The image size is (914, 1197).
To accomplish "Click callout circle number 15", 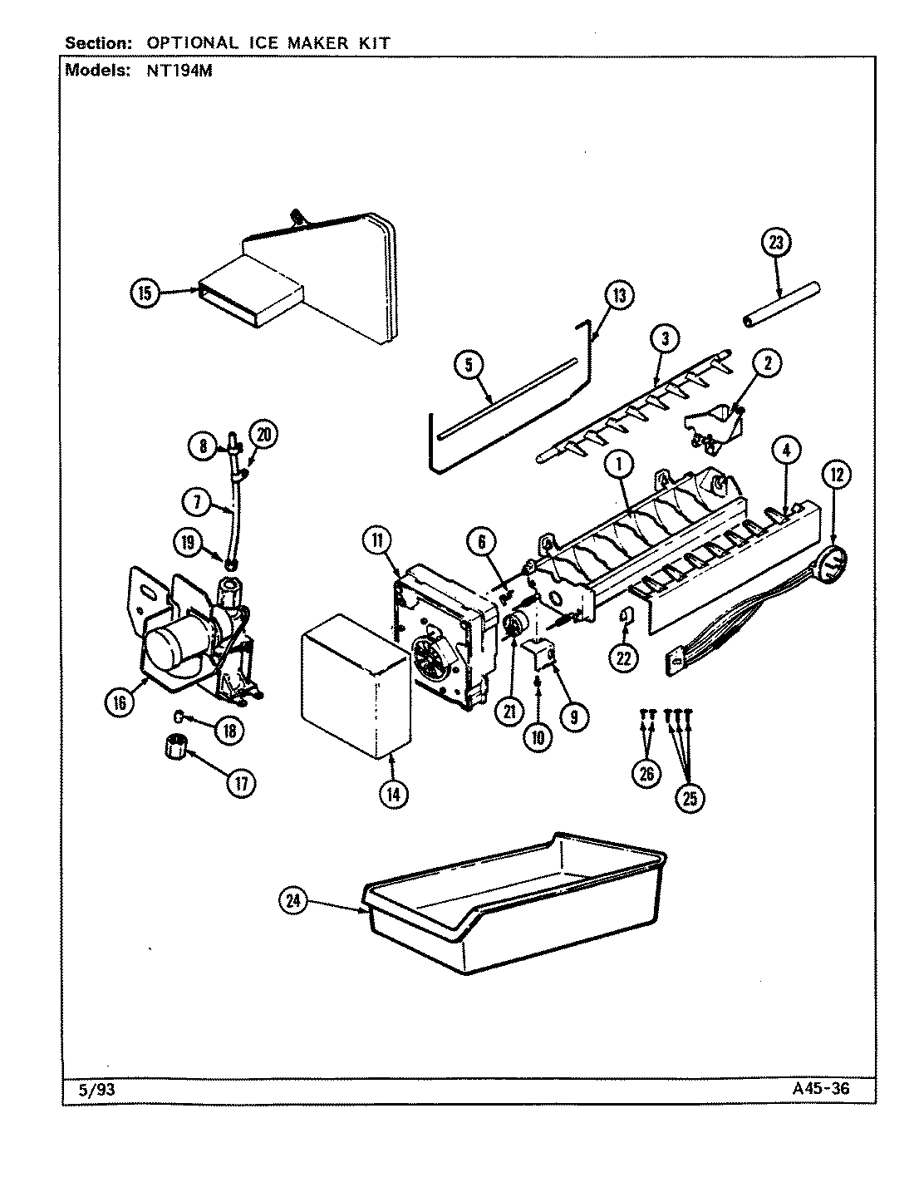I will pos(145,293).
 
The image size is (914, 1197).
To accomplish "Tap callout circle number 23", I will pos(776,244).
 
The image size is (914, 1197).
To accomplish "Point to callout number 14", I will pos(394,794).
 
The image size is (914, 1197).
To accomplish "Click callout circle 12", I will pos(837,475).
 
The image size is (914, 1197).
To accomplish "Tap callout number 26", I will pos(646,774).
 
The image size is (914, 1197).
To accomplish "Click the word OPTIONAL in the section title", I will pos(188,42).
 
